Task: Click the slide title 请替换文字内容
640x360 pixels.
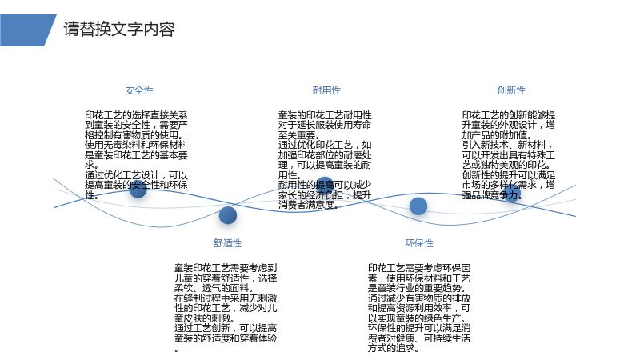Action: pos(119,30)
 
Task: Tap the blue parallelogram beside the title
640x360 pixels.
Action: pos(27,30)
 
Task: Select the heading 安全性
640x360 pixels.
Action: pos(139,90)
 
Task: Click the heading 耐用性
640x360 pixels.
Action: pos(326,90)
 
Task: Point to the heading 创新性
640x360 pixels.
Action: pos(511,90)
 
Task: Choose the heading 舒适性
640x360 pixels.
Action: pos(227,243)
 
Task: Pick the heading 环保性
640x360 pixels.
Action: pos(419,243)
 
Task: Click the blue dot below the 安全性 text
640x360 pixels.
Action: pos(138,189)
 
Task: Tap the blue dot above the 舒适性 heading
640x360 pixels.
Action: pos(228,215)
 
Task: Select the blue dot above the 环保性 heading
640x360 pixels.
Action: pos(418,206)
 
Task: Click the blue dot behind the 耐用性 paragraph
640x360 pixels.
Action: pos(325,186)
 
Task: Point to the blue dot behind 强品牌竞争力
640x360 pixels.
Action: pos(512,193)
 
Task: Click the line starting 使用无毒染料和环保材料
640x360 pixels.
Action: pos(136,145)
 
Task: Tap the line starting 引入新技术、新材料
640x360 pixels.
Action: pos(508,145)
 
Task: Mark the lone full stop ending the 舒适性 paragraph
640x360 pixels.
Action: pos(176,350)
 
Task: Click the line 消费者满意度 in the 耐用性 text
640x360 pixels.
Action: pos(308,205)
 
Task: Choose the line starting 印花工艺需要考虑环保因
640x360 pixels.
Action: pos(419,268)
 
